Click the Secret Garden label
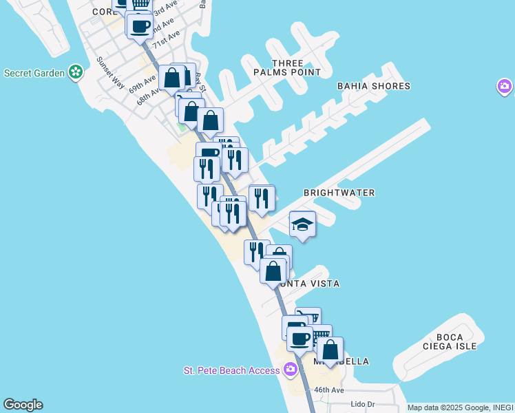tap(34, 72)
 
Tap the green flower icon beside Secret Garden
tap(76, 72)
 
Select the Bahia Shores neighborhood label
tap(373, 86)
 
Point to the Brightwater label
tap(339, 193)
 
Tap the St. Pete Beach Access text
tap(231, 370)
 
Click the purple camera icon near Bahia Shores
tap(505, 87)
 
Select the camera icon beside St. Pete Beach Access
tap(291, 370)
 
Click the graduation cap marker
tap(302, 224)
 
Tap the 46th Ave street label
tap(329, 390)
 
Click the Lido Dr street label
tap(361, 404)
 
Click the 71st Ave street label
tap(167, 38)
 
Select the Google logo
tap(23, 405)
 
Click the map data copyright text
tap(460, 407)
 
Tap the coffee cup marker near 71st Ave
tap(140, 26)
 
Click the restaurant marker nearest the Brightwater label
tap(262, 198)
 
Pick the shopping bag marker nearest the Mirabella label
tap(330, 350)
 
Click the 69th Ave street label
tap(143, 84)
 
